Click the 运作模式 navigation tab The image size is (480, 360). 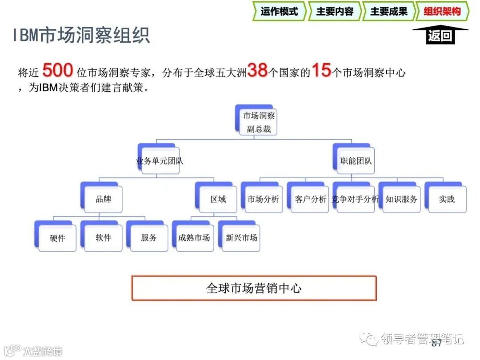click(x=279, y=12)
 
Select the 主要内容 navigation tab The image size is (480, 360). click(x=334, y=12)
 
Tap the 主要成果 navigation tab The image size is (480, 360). click(x=388, y=12)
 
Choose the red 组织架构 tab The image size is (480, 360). click(x=442, y=12)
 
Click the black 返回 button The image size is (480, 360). click(x=440, y=36)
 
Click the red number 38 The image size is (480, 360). click(x=257, y=71)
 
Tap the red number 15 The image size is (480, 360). click(x=321, y=71)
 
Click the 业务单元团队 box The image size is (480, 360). click(x=159, y=160)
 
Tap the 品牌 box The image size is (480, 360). click(x=104, y=199)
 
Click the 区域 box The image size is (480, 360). click(x=218, y=199)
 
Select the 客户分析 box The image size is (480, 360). click(x=310, y=199)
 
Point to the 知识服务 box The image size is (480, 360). click(x=401, y=199)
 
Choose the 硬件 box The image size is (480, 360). click(x=57, y=238)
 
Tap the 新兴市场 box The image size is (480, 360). click(x=241, y=237)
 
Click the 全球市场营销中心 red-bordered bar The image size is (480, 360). click(x=254, y=288)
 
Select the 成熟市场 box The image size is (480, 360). click(x=194, y=237)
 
